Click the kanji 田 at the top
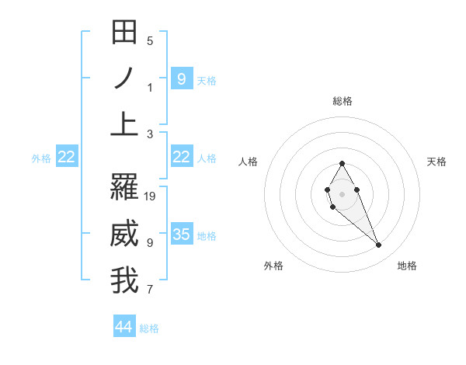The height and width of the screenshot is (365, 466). click(x=124, y=33)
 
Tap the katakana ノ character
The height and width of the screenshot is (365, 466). click(x=124, y=78)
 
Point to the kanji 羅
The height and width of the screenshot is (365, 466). click(x=124, y=188)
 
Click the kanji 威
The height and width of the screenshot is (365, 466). click(x=124, y=234)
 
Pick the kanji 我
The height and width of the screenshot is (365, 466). click(x=124, y=280)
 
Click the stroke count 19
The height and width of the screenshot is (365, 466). click(x=150, y=196)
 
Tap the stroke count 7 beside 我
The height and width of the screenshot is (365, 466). click(x=150, y=290)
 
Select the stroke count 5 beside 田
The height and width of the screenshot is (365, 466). click(x=150, y=41)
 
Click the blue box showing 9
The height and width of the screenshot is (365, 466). click(x=181, y=78)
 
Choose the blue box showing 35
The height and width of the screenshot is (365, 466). click(x=181, y=235)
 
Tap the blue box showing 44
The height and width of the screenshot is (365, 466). click(x=124, y=327)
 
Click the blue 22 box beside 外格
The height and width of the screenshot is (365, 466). click(x=66, y=157)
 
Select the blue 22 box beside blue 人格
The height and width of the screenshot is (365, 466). click(x=181, y=157)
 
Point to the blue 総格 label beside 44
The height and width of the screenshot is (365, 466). click(x=149, y=328)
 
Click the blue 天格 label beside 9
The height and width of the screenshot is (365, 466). click(x=207, y=80)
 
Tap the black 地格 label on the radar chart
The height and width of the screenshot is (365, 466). click(x=407, y=266)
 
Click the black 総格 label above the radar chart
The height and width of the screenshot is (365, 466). click(x=342, y=101)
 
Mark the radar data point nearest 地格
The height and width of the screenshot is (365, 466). click(x=378, y=245)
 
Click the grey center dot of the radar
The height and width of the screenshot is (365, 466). click(x=342, y=193)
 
